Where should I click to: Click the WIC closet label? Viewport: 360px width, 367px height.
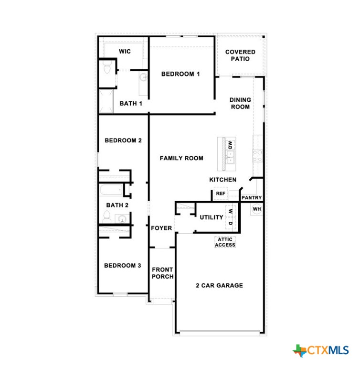[x=125, y=51]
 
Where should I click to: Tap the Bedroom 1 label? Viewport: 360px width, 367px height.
[x=180, y=74]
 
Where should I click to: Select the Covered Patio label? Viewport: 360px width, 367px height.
[x=240, y=55]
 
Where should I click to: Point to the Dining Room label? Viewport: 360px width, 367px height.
[x=240, y=103]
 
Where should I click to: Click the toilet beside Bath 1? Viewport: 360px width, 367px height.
[x=107, y=67]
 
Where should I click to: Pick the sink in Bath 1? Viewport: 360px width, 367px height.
[x=144, y=76]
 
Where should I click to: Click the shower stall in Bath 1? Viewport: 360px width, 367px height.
[x=106, y=101]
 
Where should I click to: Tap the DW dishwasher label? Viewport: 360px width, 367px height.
[x=231, y=145]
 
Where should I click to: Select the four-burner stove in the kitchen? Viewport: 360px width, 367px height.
[x=257, y=156]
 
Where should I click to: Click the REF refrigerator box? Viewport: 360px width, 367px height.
[x=221, y=194]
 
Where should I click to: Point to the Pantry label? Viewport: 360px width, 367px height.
[x=252, y=197]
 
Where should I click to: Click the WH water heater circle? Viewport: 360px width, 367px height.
[x=257, y=209]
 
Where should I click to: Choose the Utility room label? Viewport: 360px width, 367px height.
[x=212, y=217]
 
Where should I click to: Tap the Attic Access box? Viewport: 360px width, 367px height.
[x=225, y=242]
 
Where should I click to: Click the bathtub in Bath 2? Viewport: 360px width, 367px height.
[x=111, y=190]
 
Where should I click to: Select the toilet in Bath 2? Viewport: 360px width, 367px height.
[x=107, y=217]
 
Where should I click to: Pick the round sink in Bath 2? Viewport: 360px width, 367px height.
[x=122, y=219]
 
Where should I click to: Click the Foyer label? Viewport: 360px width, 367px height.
[x=161, y=228]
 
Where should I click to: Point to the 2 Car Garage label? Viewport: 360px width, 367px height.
[x=220, y=285]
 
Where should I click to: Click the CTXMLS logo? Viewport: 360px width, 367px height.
[x=321, y=350]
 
